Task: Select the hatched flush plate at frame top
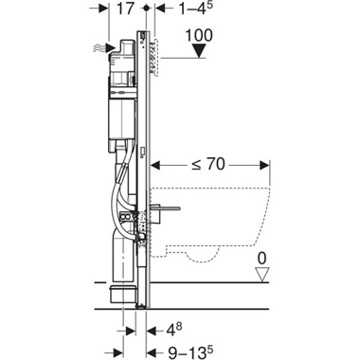[157, 52]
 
